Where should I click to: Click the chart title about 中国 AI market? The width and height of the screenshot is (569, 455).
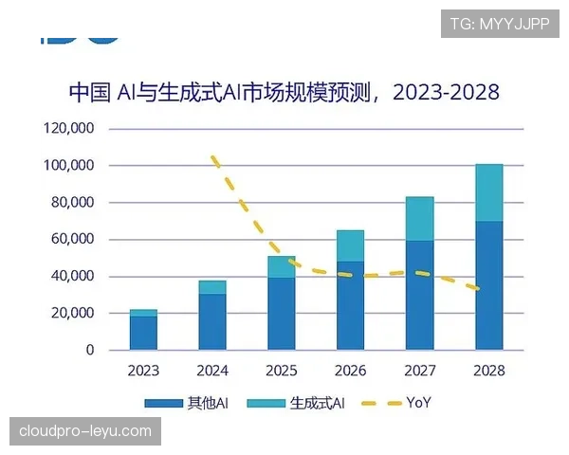click(x=284, y=93)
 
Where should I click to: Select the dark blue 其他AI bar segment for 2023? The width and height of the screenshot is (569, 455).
click(x=143, y=333)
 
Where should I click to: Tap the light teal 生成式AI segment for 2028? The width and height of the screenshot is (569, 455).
click(x=488, y=192)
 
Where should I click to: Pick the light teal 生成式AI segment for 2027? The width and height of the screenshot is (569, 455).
click(x=419, y=218)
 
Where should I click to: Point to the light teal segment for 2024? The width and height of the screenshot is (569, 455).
click(x=212, y=287)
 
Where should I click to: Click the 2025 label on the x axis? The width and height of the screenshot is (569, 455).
click(x=281, y=370)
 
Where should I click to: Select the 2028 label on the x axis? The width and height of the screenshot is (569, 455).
click(x=488, y=370)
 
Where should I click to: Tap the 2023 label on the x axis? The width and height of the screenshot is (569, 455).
click(x=143, y=370)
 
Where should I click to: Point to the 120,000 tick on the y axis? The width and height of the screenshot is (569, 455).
click(x=73, y=128)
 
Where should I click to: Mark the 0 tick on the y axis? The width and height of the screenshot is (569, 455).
click(x=90, y=350)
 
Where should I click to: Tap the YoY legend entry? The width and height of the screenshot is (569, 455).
click(x=398, y=403)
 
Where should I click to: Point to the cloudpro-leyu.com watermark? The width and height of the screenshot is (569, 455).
click(x=85, y=431)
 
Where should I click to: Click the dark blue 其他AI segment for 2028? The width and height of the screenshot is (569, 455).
click(x=488, y=285)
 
